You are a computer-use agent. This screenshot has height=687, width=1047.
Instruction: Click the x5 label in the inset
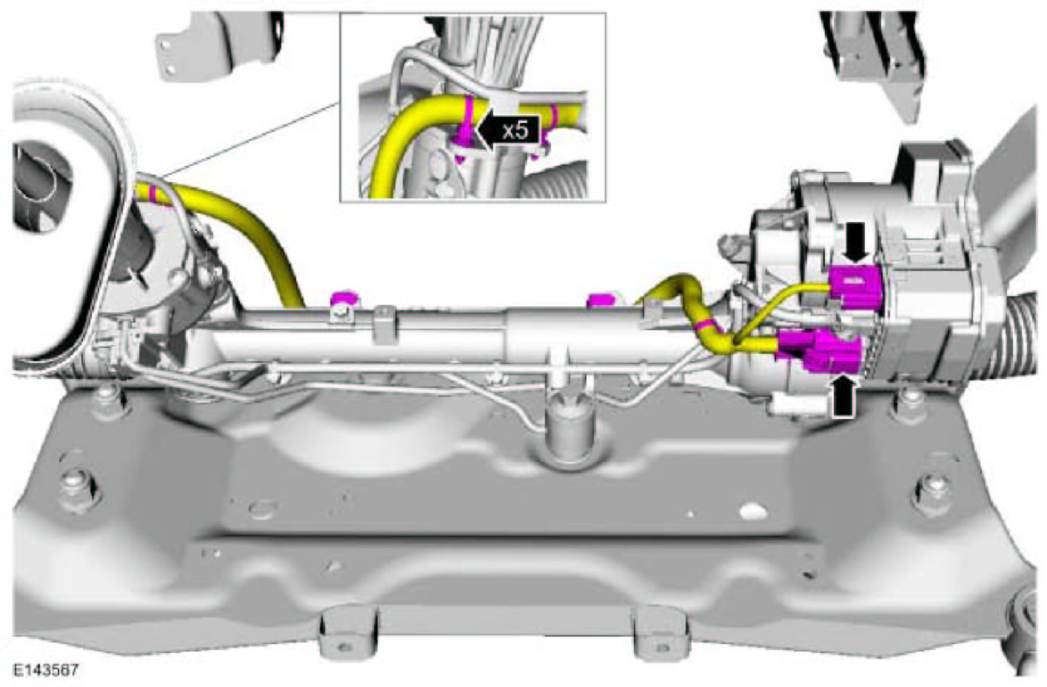tap(515, 131)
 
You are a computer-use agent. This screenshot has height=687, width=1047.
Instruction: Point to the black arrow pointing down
tap(856, 242)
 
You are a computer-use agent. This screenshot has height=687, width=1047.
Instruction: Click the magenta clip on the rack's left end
tap(344, 299)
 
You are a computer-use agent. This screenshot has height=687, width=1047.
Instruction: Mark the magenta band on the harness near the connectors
tap(705, 324)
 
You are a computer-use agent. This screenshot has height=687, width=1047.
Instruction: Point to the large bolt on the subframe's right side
tap(931, 495)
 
